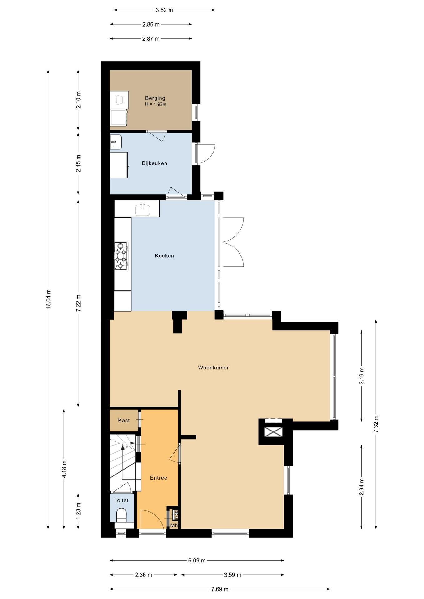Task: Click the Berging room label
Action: click(155, 98)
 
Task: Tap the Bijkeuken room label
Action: click(154, 163)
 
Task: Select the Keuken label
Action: click(164, 256)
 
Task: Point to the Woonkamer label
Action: click(213, 368)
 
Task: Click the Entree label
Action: click(159, 478)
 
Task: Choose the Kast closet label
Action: click(124, 421)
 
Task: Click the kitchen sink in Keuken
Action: click(143, 209)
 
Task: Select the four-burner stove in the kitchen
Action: click(121, 256)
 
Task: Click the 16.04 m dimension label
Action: click(48, 299)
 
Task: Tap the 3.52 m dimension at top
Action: click(164, 10)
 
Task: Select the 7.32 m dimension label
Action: click(376, 424)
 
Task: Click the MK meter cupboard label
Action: click(174, 525)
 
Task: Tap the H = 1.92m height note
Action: click(155, 104)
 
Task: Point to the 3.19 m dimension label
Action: click(362, 376)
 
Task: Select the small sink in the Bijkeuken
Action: click(116, 142)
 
